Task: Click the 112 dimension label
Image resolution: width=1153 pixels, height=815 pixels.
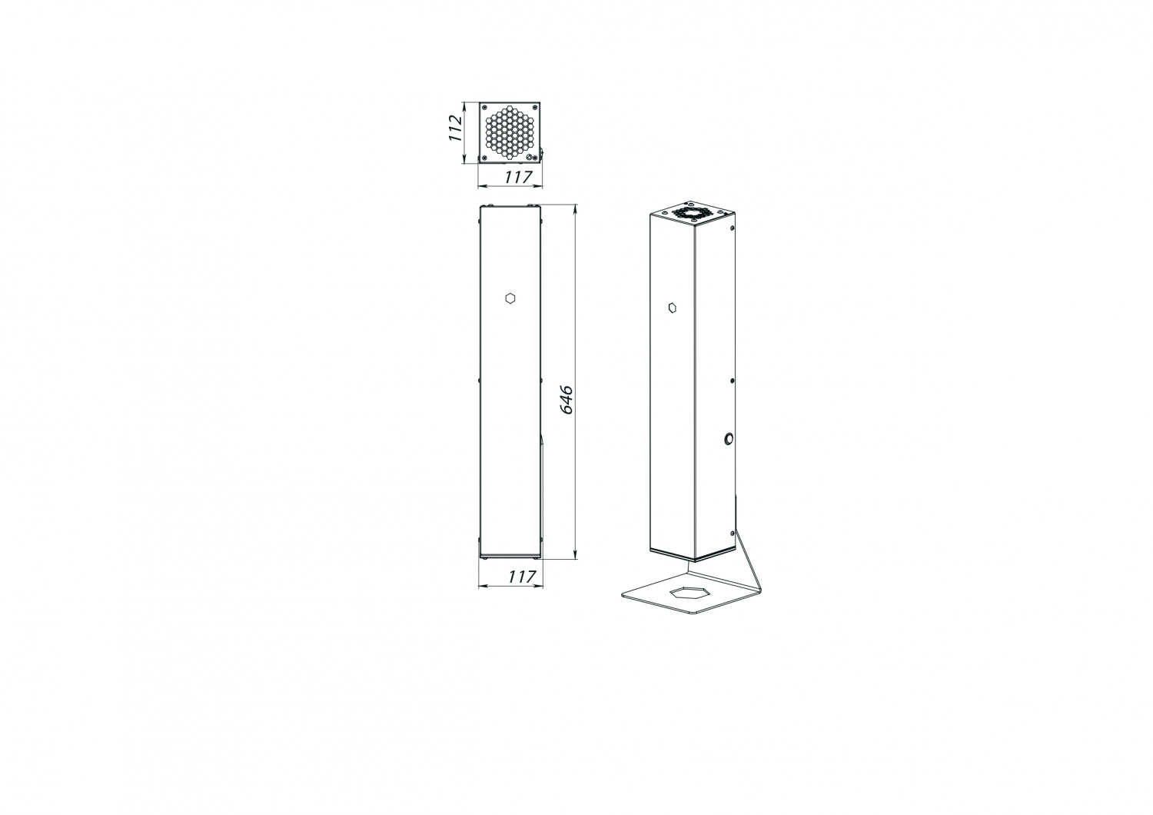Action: click(x=454, y=128)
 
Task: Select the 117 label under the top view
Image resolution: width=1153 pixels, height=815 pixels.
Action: click(x=518, y=177)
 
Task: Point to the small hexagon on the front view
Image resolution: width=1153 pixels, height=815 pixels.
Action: click(x=510, y=298)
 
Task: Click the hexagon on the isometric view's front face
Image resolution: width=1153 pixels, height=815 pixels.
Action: click(x=673, y=308)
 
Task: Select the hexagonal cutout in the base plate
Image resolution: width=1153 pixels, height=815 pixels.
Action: click(x=689, y=593)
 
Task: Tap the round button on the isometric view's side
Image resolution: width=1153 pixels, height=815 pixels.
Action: click(x=729, y=440)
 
